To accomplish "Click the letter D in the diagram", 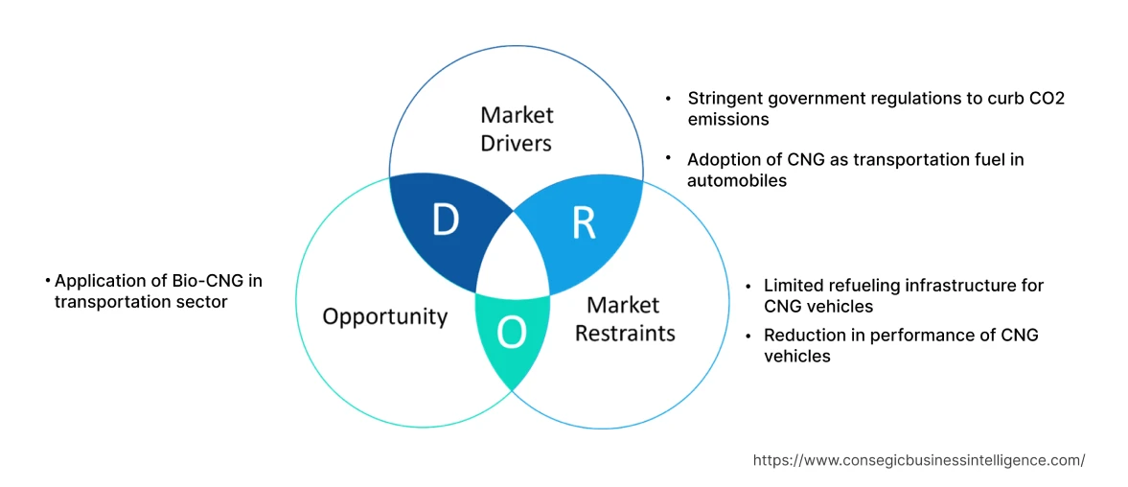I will tap(445, 220).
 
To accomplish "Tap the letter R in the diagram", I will tap(584, 221).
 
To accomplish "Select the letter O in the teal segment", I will tap(513, 333).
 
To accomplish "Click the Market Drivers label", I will tap(517, 129).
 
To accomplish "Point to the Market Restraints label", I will tap(624, 319).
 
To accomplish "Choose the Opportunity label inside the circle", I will tap(384, 316).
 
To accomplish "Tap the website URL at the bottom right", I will tap(918, 460).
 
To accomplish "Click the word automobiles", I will tap(736, 180).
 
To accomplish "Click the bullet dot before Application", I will tap(48, 281).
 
